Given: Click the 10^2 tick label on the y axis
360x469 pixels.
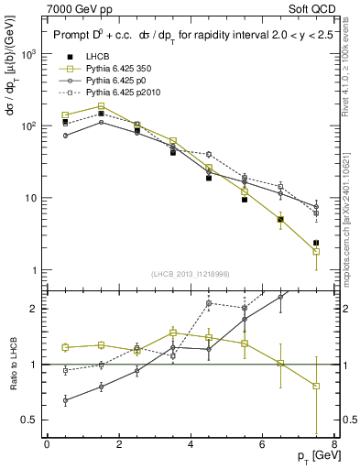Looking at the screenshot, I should pos(29,126).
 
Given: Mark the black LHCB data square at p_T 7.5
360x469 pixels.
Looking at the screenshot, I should pos(316,243).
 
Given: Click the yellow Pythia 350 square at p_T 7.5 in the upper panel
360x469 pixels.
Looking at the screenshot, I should pos(316,252).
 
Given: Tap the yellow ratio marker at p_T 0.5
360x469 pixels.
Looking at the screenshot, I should pos(65,347).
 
